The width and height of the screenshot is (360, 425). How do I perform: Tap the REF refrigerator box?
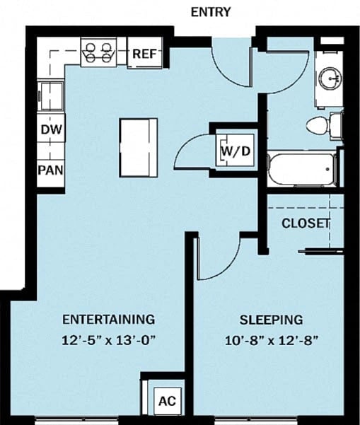click(145, 54)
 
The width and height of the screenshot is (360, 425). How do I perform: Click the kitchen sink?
click(51, 93)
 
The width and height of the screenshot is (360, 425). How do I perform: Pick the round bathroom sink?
click(330, 78)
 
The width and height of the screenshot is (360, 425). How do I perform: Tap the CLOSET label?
click(306, 223)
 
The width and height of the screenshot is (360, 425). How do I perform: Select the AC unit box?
click(167, 400)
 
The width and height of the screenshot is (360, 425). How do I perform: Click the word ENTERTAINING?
click(108, 318)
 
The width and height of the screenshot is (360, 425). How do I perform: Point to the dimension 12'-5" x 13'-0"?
click(108, 339)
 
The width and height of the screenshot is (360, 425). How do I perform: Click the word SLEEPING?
click(270, 319)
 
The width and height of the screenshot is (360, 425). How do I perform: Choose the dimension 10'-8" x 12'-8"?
click(270, 340)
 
